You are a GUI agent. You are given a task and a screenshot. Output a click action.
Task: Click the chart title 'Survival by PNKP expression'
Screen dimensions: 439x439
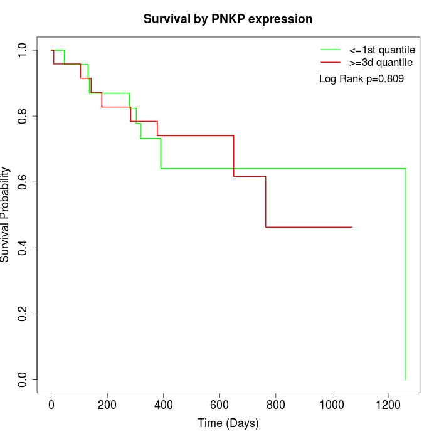[228, 19]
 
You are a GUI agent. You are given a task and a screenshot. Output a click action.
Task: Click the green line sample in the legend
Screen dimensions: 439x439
[331, 50]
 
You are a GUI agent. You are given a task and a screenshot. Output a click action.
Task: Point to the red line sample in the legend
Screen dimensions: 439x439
[331, 62]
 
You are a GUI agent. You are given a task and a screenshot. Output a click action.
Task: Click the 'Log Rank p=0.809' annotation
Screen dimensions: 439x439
[361, 79]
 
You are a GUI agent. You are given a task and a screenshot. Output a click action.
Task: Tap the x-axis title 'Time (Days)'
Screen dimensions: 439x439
[228, 423]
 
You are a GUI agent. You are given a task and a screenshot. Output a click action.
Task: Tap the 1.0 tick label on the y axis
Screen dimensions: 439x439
[23, 50]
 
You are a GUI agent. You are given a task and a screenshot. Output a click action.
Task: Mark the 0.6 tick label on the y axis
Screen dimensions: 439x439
[23, 182]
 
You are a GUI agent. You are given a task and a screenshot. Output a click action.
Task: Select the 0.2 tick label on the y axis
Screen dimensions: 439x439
[23, 314]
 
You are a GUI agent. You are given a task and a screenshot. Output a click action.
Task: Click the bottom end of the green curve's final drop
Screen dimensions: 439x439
[406, 379]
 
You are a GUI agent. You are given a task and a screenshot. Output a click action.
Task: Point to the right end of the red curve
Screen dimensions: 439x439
[352, 227]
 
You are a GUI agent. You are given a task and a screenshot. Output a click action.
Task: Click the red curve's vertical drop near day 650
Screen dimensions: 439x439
[234, 156]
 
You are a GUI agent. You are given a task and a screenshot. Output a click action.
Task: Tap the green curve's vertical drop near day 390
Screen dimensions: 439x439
[161, 153]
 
